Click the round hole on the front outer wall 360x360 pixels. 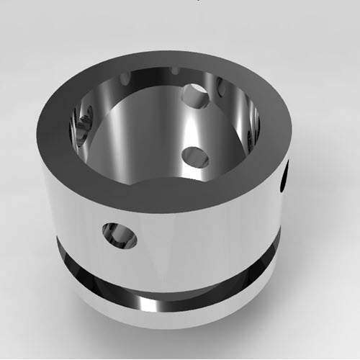coord(120,235)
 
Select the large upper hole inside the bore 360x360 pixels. coord(194,93)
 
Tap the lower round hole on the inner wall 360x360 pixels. coord(195,156)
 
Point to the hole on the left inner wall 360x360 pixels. coord(83,122)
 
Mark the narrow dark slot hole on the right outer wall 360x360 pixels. coord(285,177)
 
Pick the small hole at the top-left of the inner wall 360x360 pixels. coord(126,77)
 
